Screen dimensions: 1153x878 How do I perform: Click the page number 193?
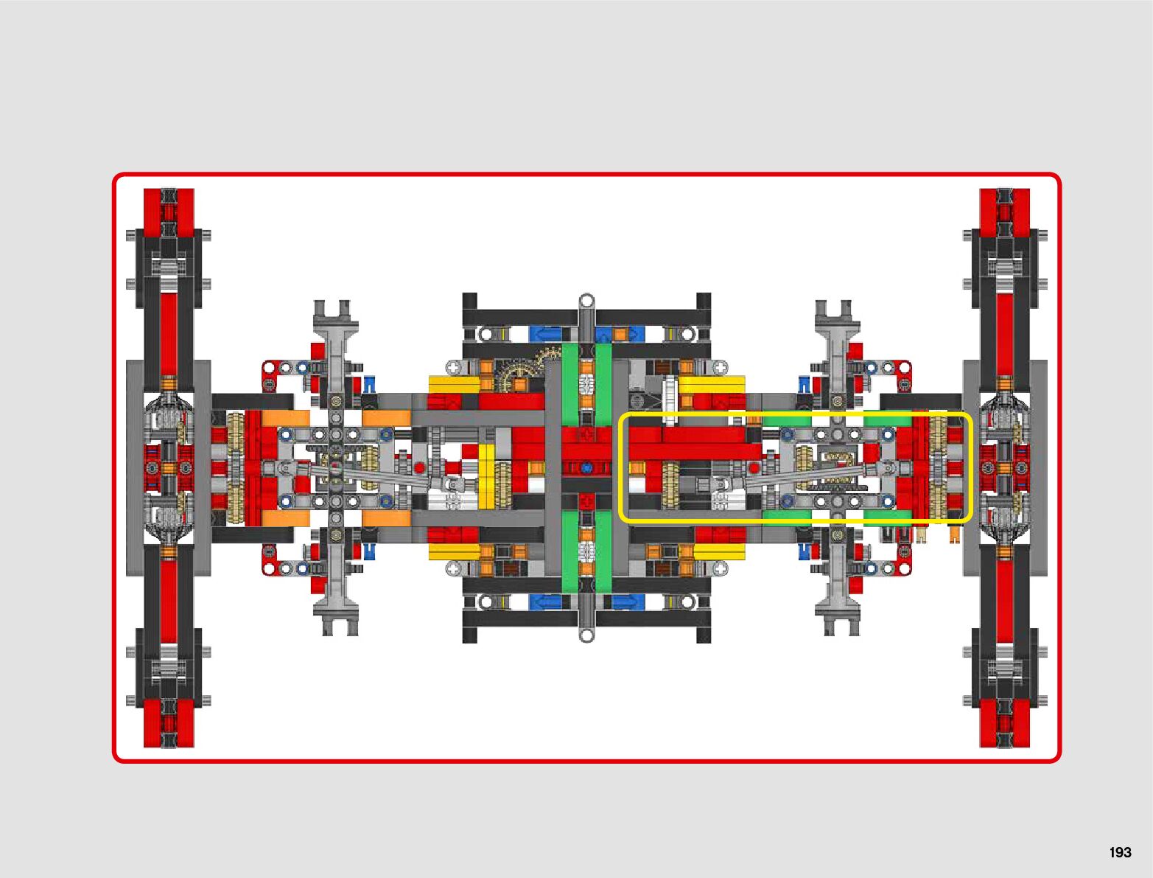click(x=1119, y=852)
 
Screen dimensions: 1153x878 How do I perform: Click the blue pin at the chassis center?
click(x=586, y=467)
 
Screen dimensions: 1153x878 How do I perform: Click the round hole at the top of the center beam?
click(x=586, y=301)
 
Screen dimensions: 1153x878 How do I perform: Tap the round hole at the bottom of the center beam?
click(x=586, y=635)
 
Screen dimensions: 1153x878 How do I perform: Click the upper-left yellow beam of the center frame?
click(x=454, y=384)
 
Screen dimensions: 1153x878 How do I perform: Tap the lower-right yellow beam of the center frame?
click(x=718, y=551)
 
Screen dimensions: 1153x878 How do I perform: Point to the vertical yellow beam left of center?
click(x=486, y=475)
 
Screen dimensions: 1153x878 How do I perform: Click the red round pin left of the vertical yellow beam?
click(x=419, y=467)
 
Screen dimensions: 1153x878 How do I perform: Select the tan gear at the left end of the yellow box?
click(x=670, y=484)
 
